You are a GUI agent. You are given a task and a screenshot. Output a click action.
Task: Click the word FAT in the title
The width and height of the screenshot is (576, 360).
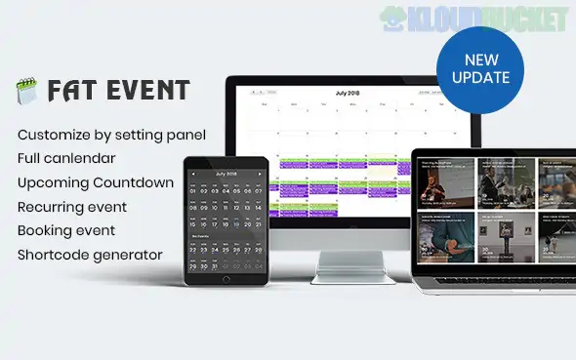coord(69,91)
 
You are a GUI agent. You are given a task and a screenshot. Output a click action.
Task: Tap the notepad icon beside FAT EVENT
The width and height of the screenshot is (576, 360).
coord(26,91)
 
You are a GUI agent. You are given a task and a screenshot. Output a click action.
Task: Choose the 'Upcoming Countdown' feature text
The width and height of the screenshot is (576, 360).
coord(96,181)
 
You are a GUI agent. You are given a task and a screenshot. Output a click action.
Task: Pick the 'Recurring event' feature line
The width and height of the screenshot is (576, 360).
coord(71,207)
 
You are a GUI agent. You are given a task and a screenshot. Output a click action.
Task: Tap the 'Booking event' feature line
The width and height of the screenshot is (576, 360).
coord(66,231)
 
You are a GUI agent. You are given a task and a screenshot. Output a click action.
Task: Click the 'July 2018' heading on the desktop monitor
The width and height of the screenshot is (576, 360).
coord(348,93)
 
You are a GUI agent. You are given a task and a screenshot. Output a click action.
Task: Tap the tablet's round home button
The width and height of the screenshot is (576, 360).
coord(226,280)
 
